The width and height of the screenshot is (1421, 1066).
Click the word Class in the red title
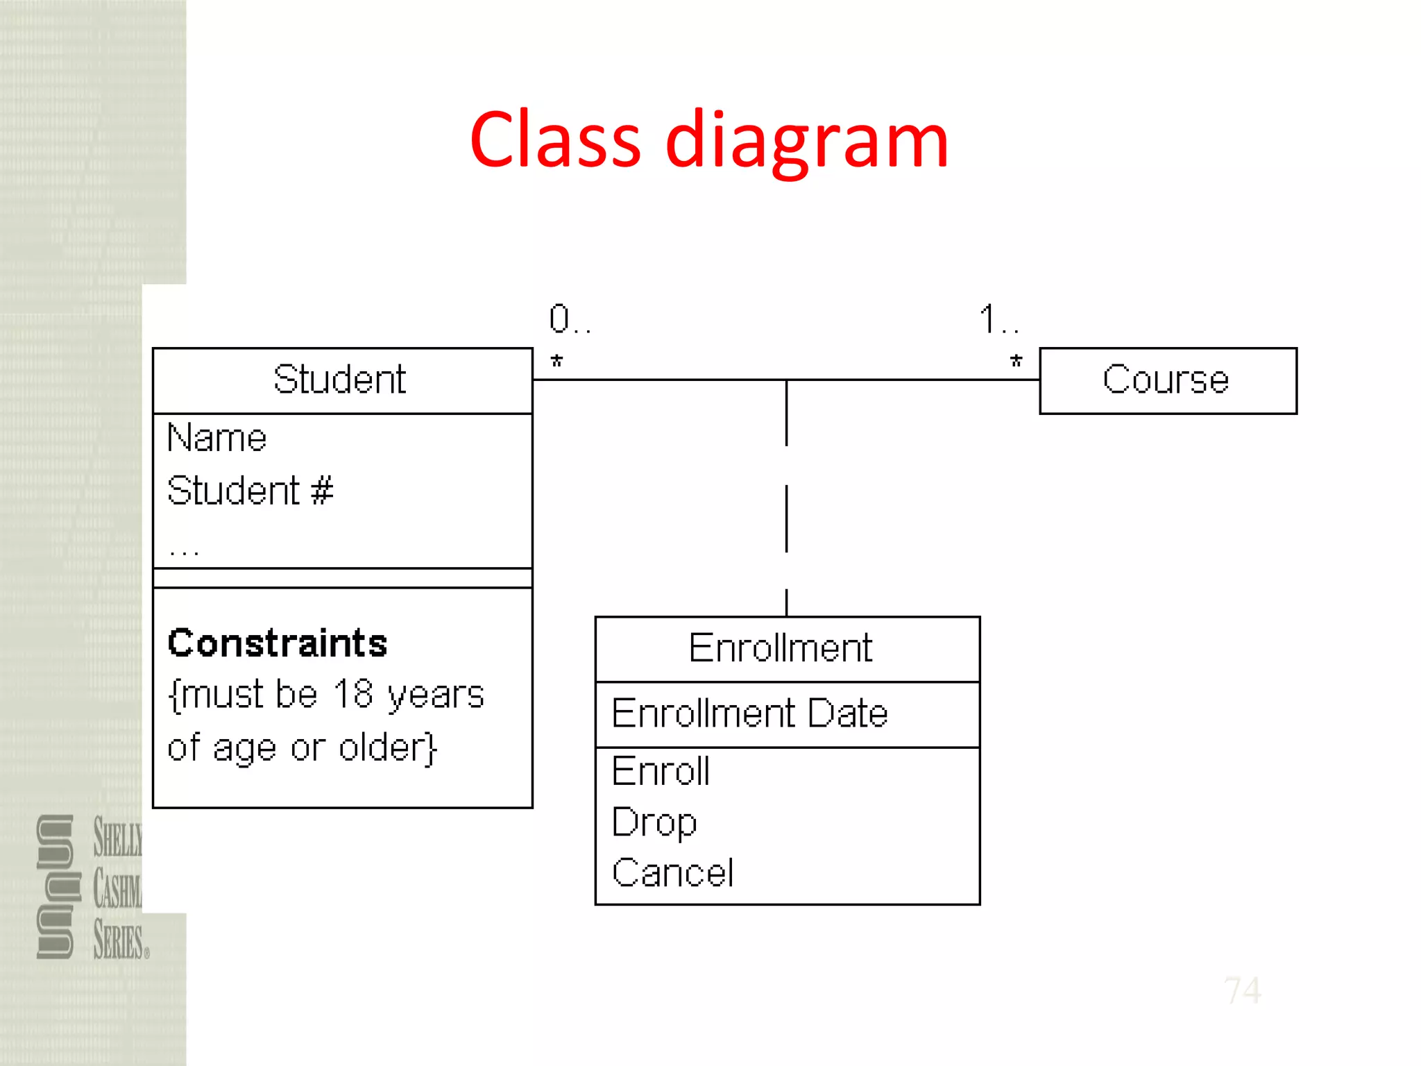click(555, 140)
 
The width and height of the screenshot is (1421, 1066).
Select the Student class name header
click(339, 380)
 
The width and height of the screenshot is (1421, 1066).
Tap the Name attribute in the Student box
click(216, 439)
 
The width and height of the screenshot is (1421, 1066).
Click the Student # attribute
click(250, 491)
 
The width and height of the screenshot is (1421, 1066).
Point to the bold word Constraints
click(278, 643)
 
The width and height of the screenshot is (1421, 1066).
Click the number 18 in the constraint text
click(353, 694)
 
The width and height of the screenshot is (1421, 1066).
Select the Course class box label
click(1166, 380)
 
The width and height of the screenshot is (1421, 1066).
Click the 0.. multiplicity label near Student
click(569, 319)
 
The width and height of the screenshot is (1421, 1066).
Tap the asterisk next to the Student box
click(556, 362)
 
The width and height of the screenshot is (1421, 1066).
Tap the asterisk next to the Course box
click(1016, 362)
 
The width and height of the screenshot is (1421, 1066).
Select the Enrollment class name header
click(780, 648)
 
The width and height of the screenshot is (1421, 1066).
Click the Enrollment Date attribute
click(749, 713)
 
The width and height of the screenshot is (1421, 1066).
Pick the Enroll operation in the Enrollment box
click(661, 771)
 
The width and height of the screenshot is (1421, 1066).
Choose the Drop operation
click(654, 823)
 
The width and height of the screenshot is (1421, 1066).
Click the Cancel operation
click(672, 873)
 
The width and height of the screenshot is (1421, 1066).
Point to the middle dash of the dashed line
click(786, 518)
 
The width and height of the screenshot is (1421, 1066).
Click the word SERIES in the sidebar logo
click(119, 941)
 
